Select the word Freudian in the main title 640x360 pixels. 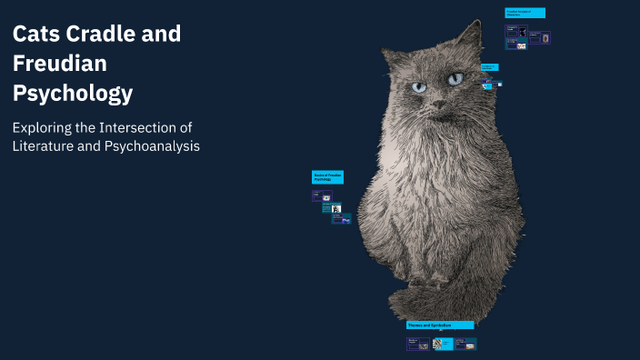[x=59, y=64]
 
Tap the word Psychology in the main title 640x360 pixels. [x=73, y=93]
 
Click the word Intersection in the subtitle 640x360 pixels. [x=145, y=127]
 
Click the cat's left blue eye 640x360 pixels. [x=419, y=87]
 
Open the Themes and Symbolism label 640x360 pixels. [x=440, y=325]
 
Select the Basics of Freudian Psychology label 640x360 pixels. [x=327, y=176]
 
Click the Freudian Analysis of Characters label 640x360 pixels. [x=525, y=13]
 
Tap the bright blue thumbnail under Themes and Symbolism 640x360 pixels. [x=442, y=345]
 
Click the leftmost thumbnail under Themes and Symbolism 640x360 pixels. [x=417, y=345]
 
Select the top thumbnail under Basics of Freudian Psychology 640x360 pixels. [x=319, y=195]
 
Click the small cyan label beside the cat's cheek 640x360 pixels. [x=489, y=67]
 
